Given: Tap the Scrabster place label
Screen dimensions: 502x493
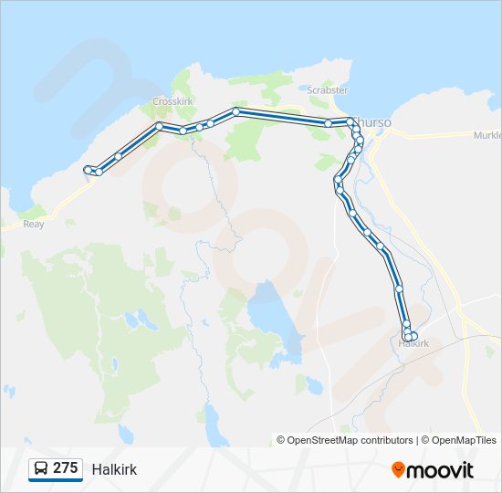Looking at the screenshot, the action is pos(328,90).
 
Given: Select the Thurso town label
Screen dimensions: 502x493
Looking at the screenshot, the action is pos(376,121).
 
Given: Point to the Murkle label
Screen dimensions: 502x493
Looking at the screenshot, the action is pos(487,135).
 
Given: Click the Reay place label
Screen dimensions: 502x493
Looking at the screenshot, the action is pos(33,224).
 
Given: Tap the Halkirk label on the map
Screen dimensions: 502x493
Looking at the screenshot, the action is pos(413,344).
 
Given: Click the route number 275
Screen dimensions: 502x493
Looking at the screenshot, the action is pos(65,468).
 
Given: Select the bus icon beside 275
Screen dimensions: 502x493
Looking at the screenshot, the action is pos(41,468).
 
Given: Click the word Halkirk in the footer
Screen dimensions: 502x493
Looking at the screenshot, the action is pos(114,469).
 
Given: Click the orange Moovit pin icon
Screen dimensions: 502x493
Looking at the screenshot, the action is pos(398,470).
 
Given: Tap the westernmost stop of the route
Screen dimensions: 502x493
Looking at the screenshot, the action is pos(88,169).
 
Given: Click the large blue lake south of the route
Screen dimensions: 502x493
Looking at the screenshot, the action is pos(266,315).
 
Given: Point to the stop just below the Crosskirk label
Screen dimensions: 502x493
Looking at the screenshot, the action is pos(159,125).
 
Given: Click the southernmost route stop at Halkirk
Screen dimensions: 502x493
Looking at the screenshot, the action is pos(408,338).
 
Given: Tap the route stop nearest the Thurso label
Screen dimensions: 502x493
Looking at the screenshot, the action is pos(350,121).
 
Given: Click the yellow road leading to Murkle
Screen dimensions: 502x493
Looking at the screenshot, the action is pos(438,135).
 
